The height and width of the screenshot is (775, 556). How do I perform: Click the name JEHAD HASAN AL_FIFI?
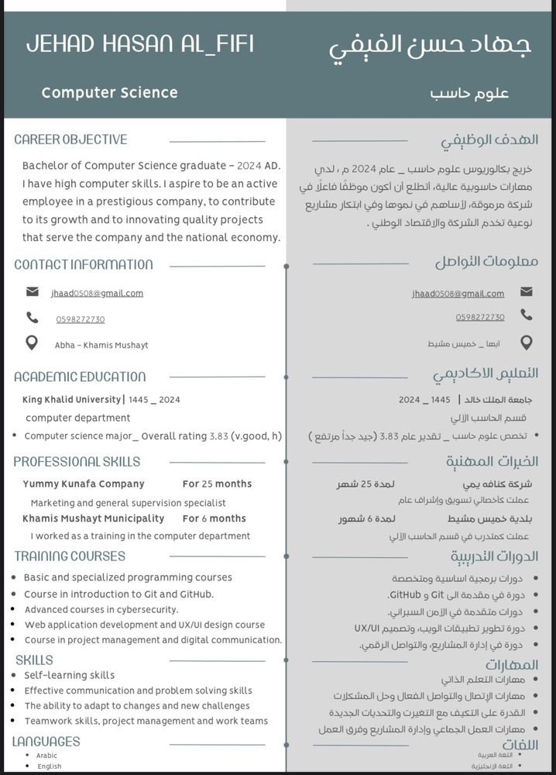140,44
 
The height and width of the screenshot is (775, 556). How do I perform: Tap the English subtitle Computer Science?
109,93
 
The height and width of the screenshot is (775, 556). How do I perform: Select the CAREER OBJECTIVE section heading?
70,140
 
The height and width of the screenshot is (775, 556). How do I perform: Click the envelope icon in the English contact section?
32,292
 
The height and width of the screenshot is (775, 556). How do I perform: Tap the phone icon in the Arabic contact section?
527,315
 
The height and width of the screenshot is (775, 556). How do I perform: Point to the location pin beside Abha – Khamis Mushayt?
32,343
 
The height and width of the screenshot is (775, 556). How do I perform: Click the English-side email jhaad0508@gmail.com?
97,293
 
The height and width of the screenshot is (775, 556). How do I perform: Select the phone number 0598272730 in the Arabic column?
480,317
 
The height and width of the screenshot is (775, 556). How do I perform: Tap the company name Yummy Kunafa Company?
84,484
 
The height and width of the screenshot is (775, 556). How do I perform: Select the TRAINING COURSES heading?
70,556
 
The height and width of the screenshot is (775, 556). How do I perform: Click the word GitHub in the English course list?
196,594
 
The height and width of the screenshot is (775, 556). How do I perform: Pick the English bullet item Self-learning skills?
69,675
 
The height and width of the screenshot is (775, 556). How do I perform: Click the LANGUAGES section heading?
46,742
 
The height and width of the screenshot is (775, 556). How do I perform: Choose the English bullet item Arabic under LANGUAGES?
46,756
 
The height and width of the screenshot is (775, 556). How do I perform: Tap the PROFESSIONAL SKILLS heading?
77,462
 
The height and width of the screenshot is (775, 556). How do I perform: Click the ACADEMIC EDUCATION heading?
80,377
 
